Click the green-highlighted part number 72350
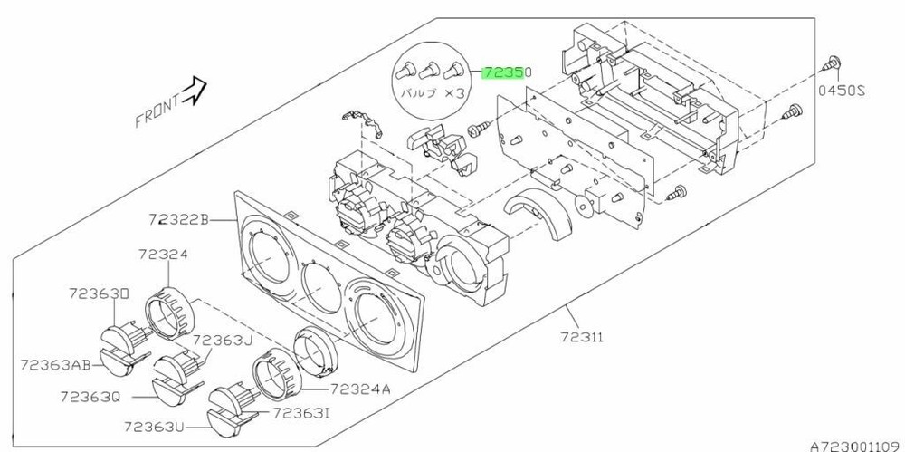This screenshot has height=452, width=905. pos(507,71)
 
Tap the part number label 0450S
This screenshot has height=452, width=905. pos(843,91)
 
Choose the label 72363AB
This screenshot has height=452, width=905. pos(55,364)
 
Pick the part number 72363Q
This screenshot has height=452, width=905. pos(90,396)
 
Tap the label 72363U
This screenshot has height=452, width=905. pos(155,425)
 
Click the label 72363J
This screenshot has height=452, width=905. pos(222,340)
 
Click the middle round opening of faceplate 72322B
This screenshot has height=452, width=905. pos(318,289)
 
